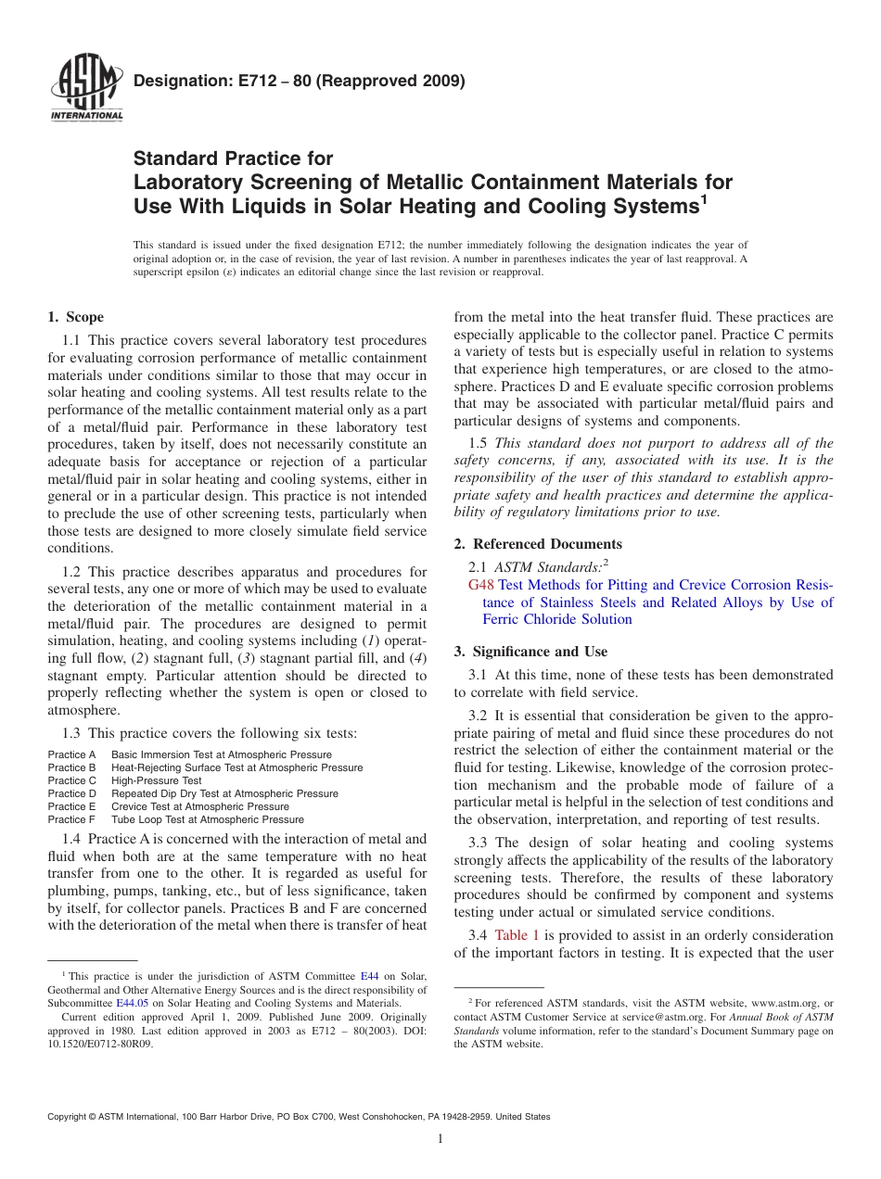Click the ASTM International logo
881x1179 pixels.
coord(86,89)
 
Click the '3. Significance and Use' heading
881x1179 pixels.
coord(530,652)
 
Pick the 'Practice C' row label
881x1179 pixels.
coord(72,780)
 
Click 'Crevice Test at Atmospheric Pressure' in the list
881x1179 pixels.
coord(200,806)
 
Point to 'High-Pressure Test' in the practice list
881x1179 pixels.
coord(156,780)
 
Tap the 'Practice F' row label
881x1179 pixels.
coord(72,819)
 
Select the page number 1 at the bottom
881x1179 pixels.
coord(440,1139)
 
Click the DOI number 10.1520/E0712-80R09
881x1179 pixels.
coord(100,1043)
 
